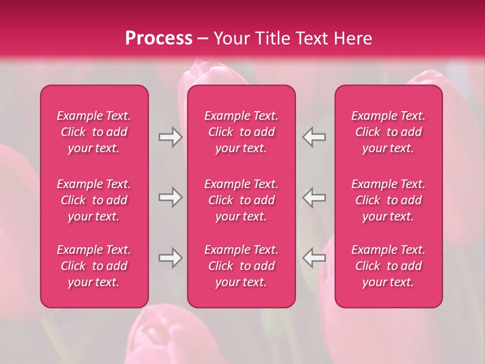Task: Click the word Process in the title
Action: pos(159,38)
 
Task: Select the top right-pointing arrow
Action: pos(170,137)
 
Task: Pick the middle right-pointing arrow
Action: pos(170,197)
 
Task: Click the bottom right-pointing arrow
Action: pos(170,258)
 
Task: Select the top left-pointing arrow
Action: pos(314,137)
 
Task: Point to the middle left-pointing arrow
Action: pos(314,197)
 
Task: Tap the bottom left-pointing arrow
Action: pos(314,258)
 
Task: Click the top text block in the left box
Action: pos(94,132)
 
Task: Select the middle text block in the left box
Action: pos(94,200)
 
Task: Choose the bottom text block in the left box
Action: pos(94,266)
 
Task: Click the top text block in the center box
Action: pos(241,132)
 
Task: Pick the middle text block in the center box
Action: pos(241,200)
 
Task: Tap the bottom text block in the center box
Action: pos(241,266)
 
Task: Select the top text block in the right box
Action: pos(389,132)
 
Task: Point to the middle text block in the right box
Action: pos(389,200)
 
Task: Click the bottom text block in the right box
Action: pos(389,266)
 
